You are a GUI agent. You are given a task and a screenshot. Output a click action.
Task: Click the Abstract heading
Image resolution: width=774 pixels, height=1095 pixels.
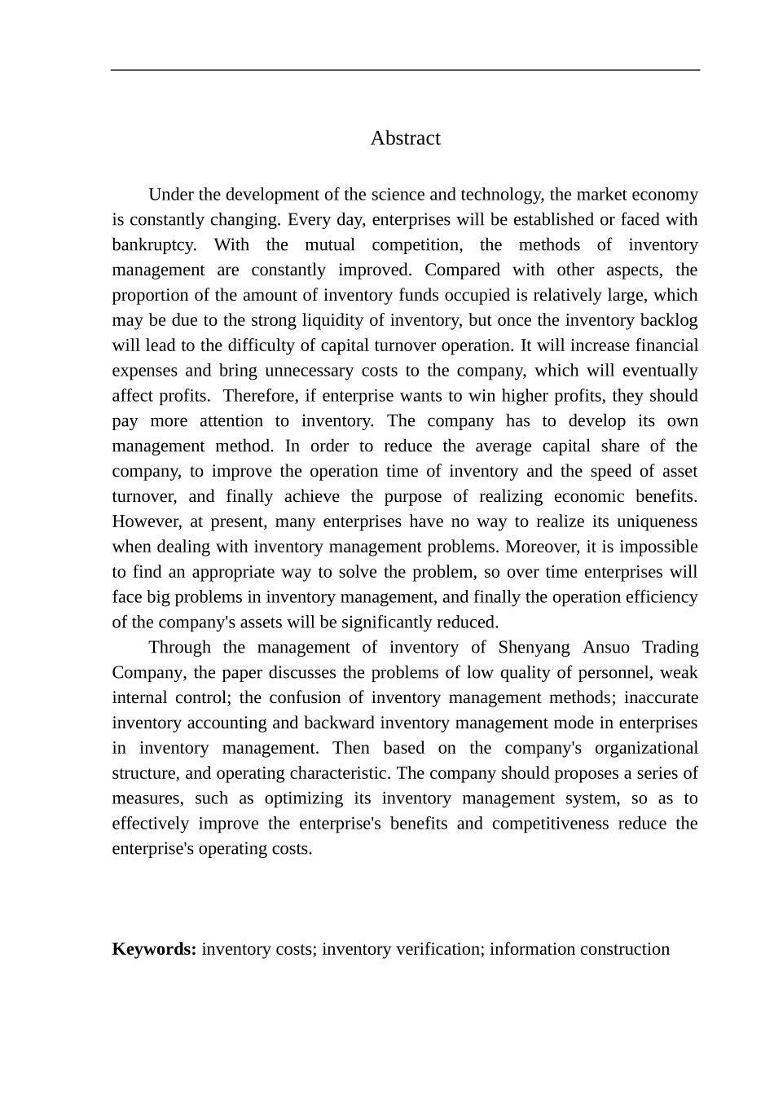[405, 139]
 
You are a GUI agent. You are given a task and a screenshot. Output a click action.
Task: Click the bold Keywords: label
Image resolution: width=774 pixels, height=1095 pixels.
[154, 949]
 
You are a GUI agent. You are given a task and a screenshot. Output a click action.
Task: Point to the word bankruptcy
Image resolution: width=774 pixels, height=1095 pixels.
[152, 245]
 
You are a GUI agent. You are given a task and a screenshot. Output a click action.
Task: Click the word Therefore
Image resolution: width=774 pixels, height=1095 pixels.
[258, 396]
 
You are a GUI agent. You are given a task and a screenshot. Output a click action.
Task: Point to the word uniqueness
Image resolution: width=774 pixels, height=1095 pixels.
[657, 521]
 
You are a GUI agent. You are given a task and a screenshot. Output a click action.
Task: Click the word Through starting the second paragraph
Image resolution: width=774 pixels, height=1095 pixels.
[178, 648]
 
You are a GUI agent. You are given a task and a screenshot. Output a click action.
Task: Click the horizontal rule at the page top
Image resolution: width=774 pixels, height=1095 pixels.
[405, 70]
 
